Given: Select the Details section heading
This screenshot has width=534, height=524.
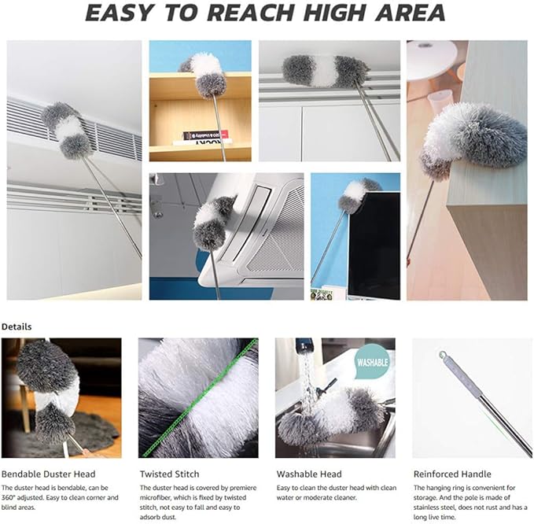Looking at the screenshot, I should pos(18,325).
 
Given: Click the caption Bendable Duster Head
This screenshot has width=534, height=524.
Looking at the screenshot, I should pos(49,474).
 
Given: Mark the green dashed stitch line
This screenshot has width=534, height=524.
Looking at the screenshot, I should pos(201,397).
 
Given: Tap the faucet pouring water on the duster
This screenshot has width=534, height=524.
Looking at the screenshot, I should pos(303,349).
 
